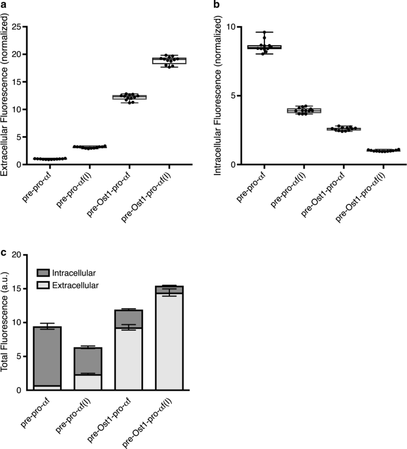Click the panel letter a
click(x=4, y=5)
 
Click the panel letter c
click(x=4, y=253)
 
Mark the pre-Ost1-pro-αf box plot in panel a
click(x=138, y=97)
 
